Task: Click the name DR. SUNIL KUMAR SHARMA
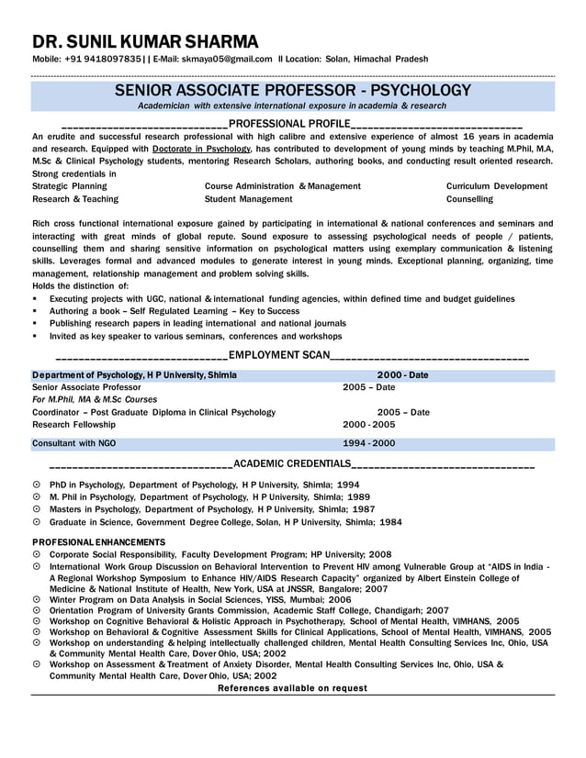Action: coord(145,41)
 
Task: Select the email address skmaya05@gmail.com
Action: coord(226,59)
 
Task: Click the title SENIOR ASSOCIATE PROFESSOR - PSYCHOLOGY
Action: coord(292,90)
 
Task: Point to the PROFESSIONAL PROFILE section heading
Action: coord(289,123)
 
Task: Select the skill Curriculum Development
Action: coord(496,186)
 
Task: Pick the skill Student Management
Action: coord(248,199)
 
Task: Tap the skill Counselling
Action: coord(469,199)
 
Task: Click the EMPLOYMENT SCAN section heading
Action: coord(278,355)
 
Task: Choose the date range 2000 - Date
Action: coord(402,375)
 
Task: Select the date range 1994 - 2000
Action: coord(368,443)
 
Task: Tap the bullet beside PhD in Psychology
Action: coord(36,484)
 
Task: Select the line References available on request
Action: coord(292,687)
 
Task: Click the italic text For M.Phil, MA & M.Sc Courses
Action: coord(95,400)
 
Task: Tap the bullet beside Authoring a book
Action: coord(35,311)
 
